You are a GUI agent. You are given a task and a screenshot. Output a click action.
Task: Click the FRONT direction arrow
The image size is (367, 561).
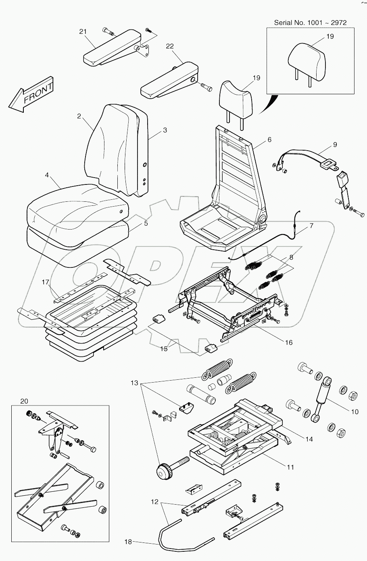click(32, 93)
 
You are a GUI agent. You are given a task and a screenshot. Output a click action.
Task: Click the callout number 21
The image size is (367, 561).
click(83, 32)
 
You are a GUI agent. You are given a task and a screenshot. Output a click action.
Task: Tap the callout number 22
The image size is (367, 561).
click(170, 46)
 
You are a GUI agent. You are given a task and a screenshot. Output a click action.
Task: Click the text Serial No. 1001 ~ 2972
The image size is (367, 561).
click(310, 23)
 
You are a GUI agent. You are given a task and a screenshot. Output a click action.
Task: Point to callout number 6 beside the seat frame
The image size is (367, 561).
click(269, 140)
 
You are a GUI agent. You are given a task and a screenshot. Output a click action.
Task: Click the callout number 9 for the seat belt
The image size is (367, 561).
click(335, 145)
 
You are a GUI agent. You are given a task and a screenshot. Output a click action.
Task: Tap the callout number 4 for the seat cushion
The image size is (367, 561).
click(47, 175)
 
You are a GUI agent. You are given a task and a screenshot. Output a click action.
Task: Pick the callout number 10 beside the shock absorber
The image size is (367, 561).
click(354, 412)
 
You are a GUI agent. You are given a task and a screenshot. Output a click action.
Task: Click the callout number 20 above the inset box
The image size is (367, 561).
click(24, 401)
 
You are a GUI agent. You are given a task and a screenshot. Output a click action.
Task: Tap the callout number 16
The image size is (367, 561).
click(289, 343)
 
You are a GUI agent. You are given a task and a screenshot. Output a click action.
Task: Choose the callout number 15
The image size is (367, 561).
click(164, 349)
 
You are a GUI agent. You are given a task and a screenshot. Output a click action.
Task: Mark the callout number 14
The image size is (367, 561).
click(309, 439)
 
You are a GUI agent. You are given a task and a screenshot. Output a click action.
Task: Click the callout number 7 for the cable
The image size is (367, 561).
click(311, 226)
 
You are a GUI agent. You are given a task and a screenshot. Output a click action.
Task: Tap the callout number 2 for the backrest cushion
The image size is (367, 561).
click(79, 116)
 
